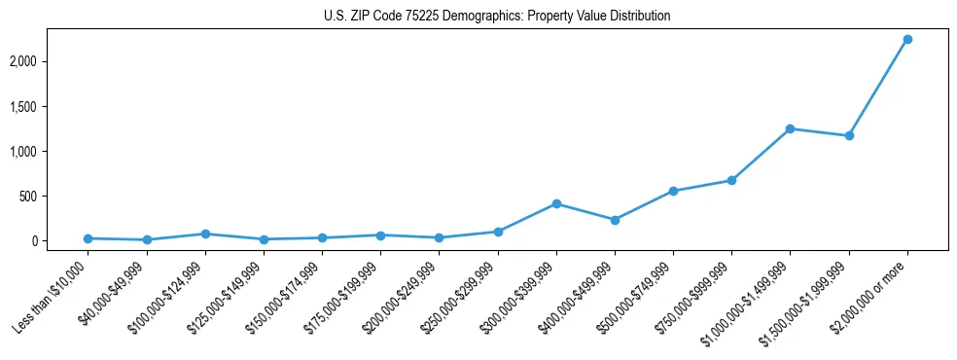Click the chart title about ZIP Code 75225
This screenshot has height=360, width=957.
[497, 17]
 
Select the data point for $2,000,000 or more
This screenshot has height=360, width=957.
[907, 39]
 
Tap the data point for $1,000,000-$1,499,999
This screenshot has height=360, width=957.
[790, 128]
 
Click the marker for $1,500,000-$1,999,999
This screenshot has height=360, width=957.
[849, 135]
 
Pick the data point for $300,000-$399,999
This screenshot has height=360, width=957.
[556, 203]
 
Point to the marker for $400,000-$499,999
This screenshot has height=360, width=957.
[615, 220]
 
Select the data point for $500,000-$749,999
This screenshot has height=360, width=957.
[673, 191]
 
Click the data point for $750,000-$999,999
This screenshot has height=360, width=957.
[731, 180]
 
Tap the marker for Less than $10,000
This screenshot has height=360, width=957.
[89, 238]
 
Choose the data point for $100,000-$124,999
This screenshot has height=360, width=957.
[205, 234]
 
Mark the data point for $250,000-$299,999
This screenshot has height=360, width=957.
[498, 232]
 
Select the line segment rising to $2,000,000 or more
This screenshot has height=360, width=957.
[878, 88]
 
